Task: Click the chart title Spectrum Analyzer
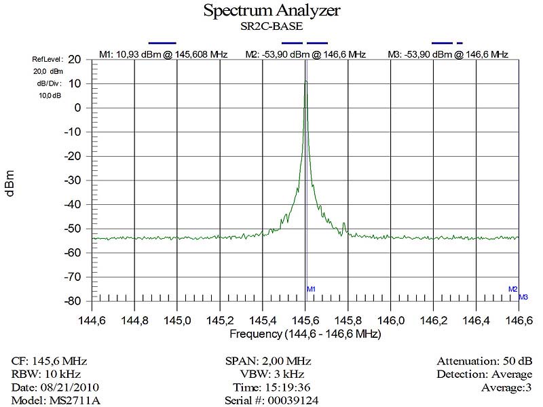(x=271, y=11)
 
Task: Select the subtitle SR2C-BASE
(x=271, y=27)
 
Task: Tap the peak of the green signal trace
(x=305, y=81)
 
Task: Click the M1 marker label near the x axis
(x=312, y=290)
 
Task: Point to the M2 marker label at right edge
(x=513, y=289)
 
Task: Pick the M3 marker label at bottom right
(x=523, y=297)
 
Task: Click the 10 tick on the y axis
(x=76, y=83)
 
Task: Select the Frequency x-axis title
(x=305, y=334)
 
